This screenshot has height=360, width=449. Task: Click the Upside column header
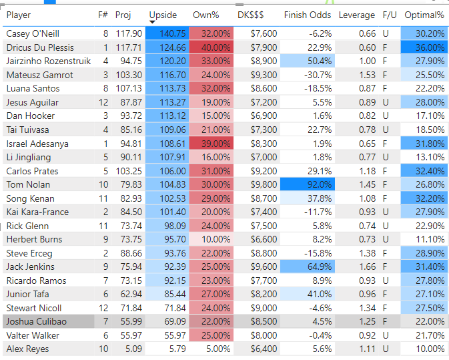(x=163, y=15)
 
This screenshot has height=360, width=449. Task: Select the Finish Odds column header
(x=308, y=15)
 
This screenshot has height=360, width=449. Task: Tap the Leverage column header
(x=357, y=15)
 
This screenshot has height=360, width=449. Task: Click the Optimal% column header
(x=424, y=15)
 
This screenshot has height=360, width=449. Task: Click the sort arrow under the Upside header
(x=153, y=23)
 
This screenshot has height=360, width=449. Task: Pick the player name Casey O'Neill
(x=31, y=33)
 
